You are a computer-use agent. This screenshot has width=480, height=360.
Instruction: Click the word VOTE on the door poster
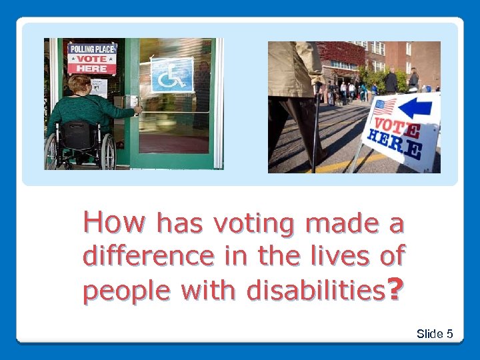pyautogui.click(x=91, y=59)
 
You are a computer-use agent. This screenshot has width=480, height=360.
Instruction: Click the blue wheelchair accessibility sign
pyautogui.click(x=171, y=75)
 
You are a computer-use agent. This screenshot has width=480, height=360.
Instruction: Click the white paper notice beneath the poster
pyautogui.click(x=99, y=87)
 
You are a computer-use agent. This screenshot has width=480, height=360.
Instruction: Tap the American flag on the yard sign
pyautogui.click(x=383, y=107)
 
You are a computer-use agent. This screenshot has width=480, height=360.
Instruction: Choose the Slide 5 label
pyautogui.click(x=435, y=333)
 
